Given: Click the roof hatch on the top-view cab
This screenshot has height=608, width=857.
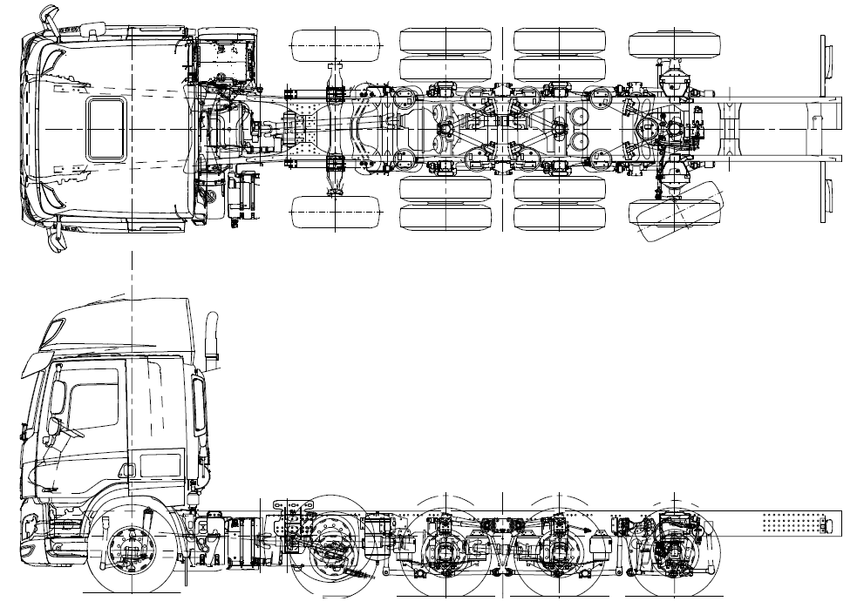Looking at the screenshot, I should [x=106, y=127].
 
